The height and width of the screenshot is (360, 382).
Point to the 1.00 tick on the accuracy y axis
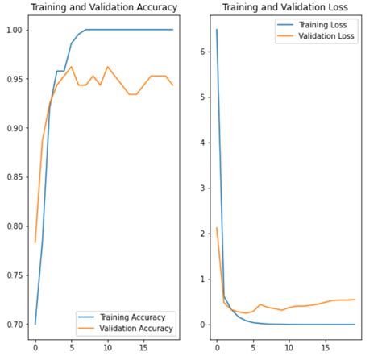pyautogui.click(x=15, y=31)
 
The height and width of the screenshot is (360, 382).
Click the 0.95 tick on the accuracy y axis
pyautogui.click(x=15, y=80)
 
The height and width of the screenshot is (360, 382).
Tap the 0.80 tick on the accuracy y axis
pyautogui.click(x=15, y=226)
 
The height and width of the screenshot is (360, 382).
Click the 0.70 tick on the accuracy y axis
pyautogui.click(x=15, y=325)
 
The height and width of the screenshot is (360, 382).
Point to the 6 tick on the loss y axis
pyautogui.click(x=202, y=52)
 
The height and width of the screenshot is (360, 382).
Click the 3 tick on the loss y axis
pyautogui.click(x=202, y=188)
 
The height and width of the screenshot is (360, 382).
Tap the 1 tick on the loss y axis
pyautogui.click(x=202, y=279)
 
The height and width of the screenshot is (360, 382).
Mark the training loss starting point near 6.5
pyautogui.click(x=217, y=30)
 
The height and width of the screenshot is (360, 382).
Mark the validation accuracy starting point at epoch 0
pyautogui.click(x=35, y=242)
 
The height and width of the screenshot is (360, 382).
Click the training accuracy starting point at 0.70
pyautogui.click(x=35, y=324)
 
